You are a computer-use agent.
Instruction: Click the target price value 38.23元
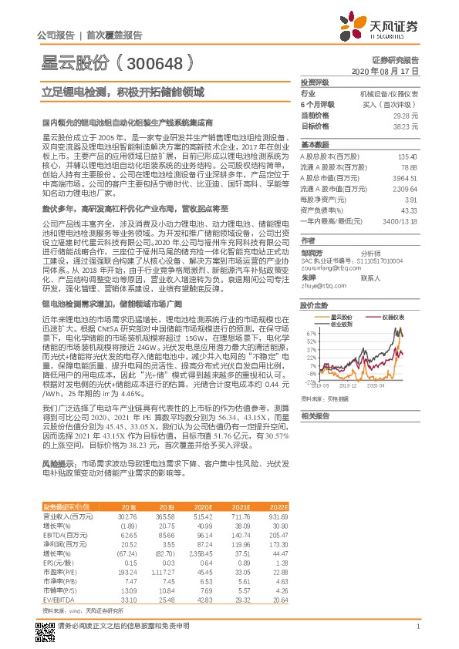[407, 125]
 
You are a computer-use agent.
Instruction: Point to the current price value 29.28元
[407, 114]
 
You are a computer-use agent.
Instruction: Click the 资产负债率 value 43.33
[409, 210]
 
